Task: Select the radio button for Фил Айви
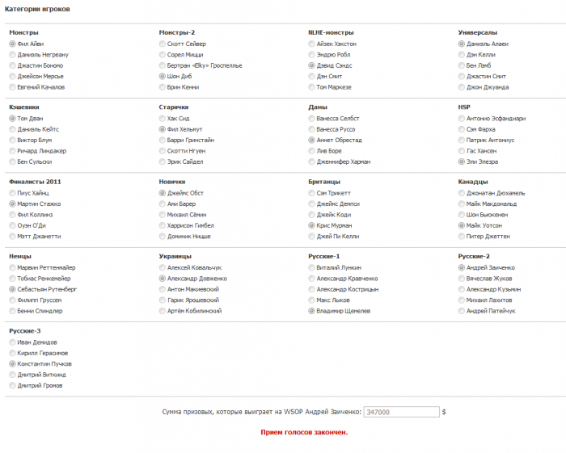(x=12, y=44)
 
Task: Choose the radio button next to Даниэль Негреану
(x=12, y=54)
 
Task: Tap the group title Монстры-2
(x=176, y=32)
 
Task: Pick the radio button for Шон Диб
(x=163, y=76)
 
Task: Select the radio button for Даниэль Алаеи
(x=461, y=44)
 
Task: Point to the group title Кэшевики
(x=24, y=107)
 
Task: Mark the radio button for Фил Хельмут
(x=163, y=129)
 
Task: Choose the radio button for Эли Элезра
(x=461, y=161)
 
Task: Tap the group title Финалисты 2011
(x=34, y=182)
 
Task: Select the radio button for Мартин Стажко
(x=12, y=204)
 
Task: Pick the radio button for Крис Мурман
(x=312, y=225)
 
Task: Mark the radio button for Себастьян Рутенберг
(x=12, y=289)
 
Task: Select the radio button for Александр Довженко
(x=163, y=279)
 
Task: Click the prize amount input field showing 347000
(x=401, y=412)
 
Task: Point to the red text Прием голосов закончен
(x=304, y=432)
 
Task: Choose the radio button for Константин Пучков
(x=12, y=364)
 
